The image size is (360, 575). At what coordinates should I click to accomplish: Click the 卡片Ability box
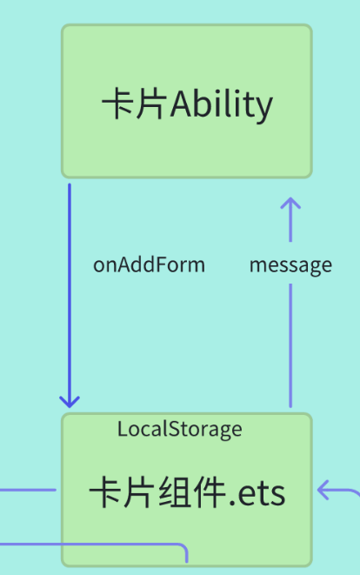[x=186, y=101]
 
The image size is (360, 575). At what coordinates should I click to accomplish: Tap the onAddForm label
[x=149, y=264]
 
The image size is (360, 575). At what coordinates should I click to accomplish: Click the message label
[x=290, y=264]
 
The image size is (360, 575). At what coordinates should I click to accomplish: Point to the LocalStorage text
[x=179, y=429]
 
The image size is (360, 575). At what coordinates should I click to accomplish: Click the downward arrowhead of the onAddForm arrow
[x=70, y=400]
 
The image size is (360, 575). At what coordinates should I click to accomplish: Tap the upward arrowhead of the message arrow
[x=290, y=205]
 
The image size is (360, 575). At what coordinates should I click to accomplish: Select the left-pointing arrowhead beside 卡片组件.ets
[x=325, y=491]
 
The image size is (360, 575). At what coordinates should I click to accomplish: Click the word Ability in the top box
[x=222, y=105]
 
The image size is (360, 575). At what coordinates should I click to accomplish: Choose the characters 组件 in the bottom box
[x=186, y=493]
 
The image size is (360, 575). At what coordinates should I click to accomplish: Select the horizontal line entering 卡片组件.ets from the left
[x=26, y=490]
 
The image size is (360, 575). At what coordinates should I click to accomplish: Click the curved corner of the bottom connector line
[x=183, y=548]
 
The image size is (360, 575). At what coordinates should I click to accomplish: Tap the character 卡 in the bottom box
[x=105, y=493]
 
